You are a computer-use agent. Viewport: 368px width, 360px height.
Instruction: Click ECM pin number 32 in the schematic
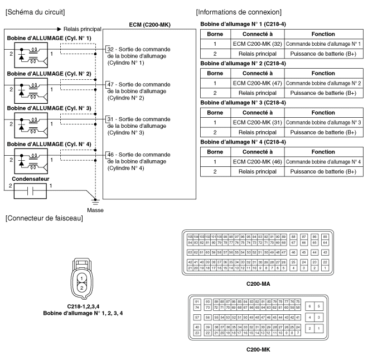[x=110, y=49]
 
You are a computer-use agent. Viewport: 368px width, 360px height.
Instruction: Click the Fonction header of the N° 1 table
[x=324, y=34]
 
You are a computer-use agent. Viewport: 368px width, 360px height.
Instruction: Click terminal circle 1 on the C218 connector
[x=82, y=277]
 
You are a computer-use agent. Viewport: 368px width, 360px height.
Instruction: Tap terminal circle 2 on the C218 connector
[x=82, y=287]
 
